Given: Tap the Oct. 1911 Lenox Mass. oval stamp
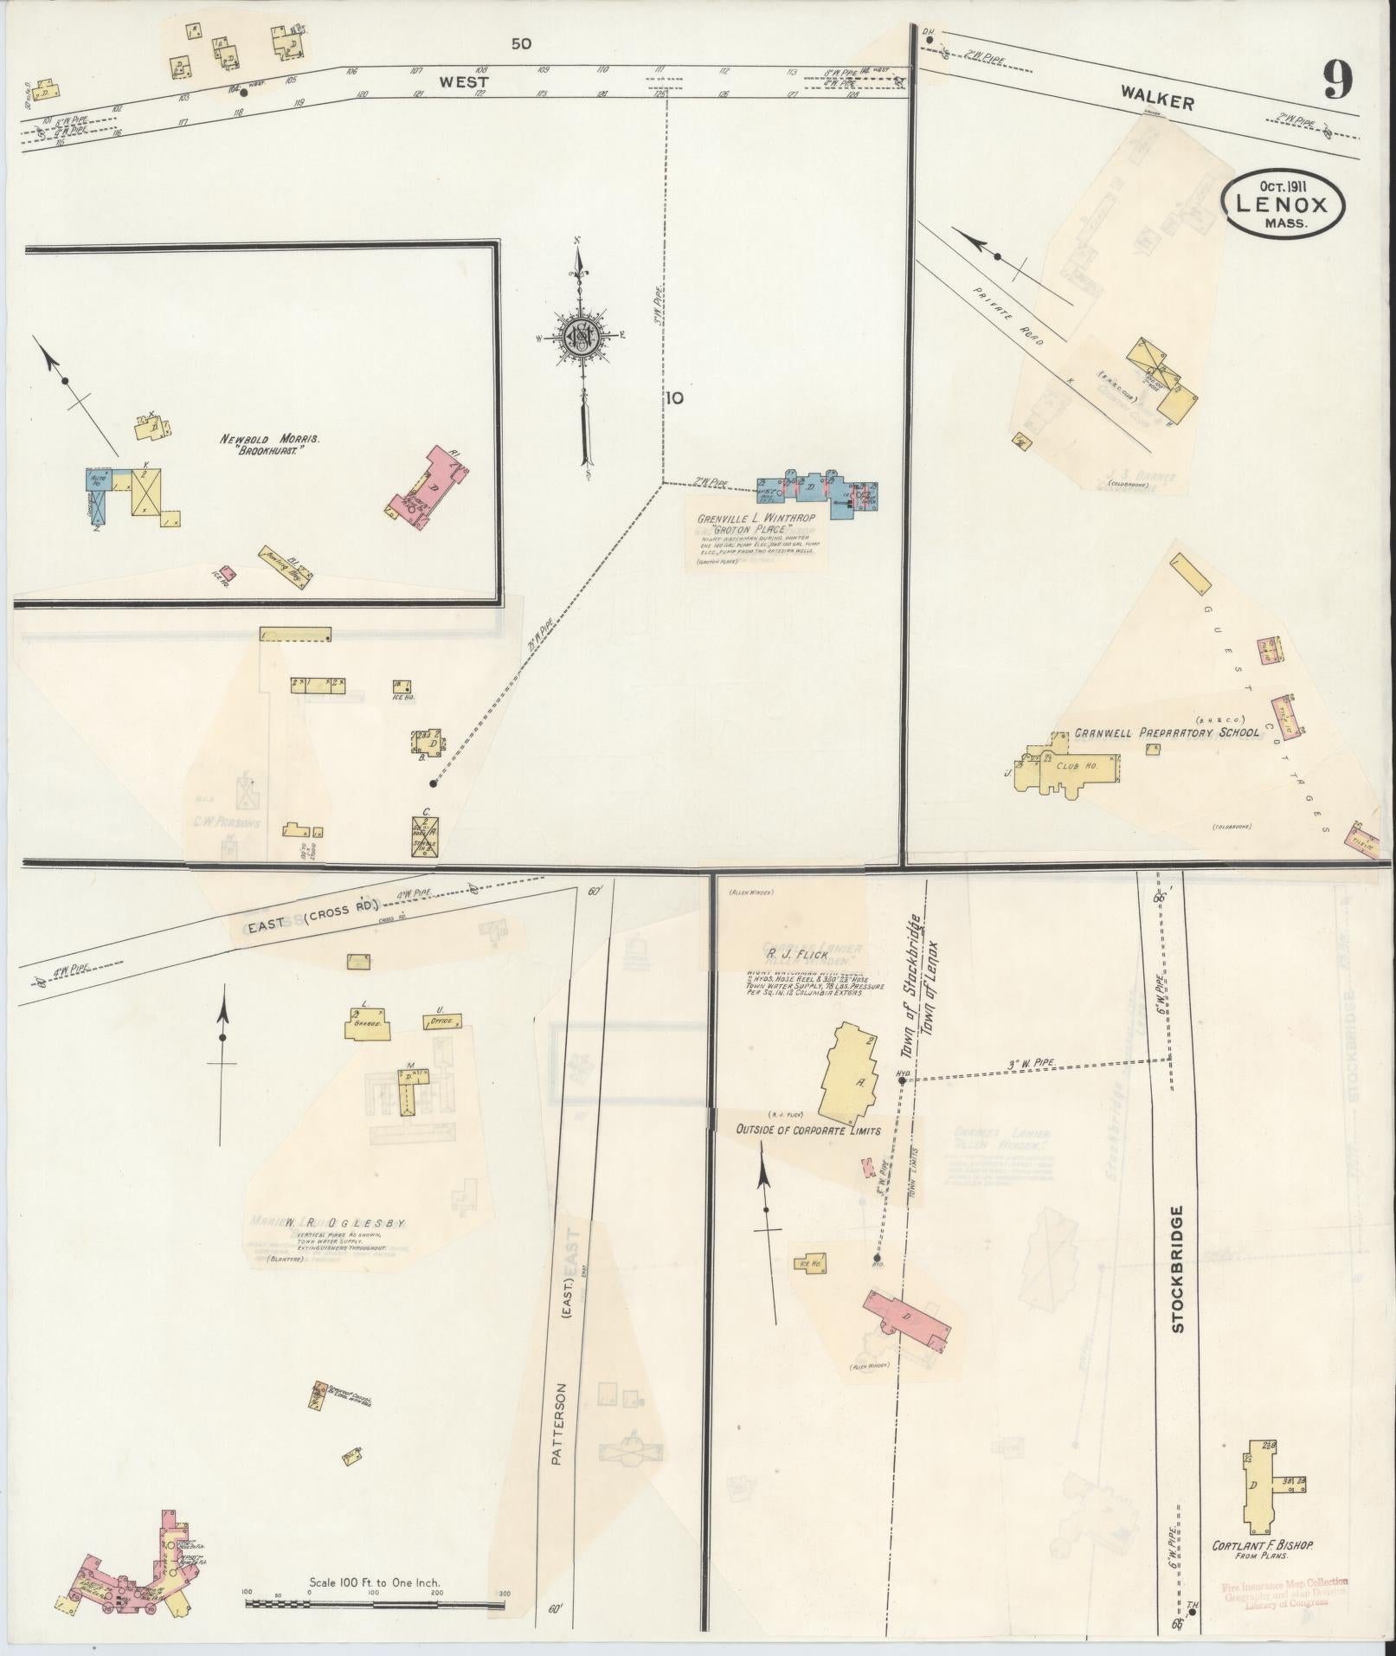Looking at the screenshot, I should pos(1283,203).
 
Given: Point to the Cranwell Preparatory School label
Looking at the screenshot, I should pos(1167,733).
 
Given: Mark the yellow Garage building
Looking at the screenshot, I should pos(368,1025).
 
